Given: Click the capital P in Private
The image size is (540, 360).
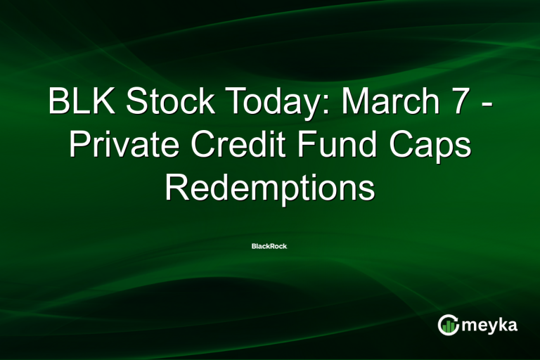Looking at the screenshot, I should [78, 146].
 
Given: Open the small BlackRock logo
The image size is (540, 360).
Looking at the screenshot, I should [270, 246].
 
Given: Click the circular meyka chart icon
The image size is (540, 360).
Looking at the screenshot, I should [449, 324].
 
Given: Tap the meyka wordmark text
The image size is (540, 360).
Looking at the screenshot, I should [491, 326].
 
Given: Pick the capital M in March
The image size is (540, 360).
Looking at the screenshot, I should [358, 103].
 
